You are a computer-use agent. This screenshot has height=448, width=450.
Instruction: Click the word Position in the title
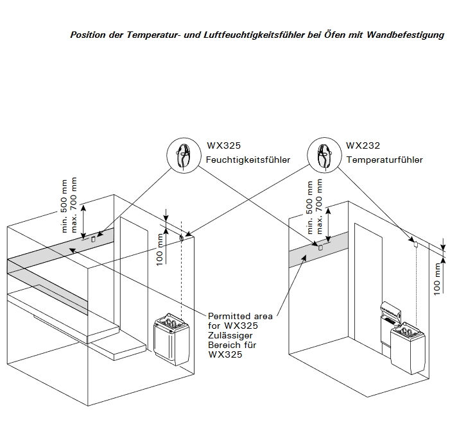pos(88,35)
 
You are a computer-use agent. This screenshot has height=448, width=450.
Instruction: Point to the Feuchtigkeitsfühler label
pos(248,160)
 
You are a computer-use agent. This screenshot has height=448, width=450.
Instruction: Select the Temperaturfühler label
pos(385,160)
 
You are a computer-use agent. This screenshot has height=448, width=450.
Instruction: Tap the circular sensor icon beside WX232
pos(324,154)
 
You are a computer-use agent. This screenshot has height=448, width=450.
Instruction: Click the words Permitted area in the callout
pos(240,316)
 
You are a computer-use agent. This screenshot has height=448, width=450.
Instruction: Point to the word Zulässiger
pos(230,336)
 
